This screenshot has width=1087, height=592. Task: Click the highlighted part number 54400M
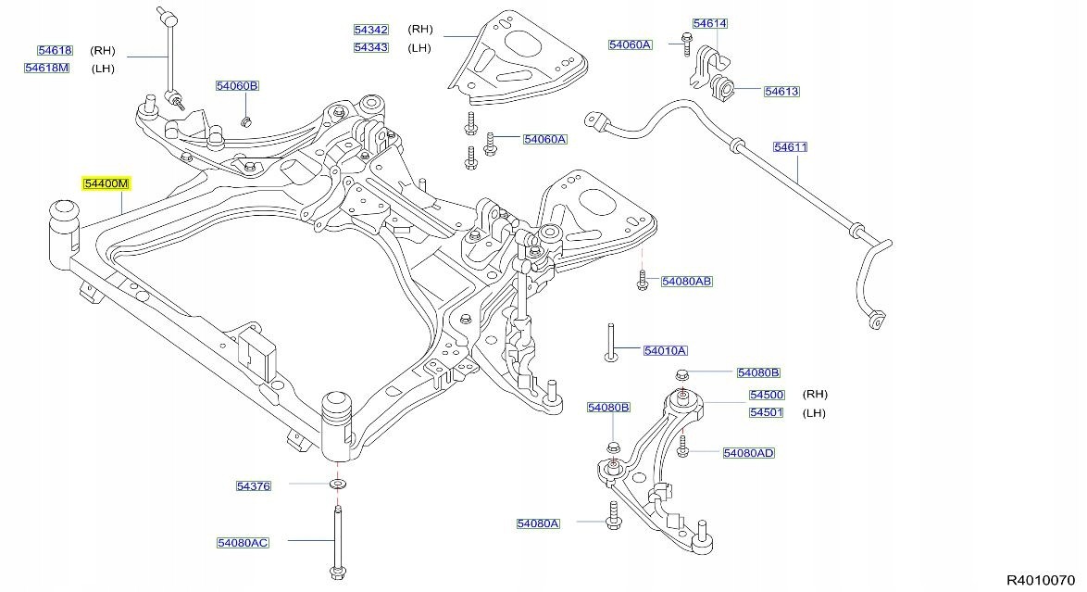click(106, 183)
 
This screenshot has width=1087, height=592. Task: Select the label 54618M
click(47, 68)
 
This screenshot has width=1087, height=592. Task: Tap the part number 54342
click(370, 30)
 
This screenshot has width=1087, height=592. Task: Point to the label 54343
click(370, 47)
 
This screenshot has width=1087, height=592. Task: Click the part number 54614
click(709, 24)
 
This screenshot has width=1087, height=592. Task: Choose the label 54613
click(781, 92)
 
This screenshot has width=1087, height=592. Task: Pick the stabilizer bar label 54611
click(791, 146)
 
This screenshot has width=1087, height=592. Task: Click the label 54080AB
click(686, 280)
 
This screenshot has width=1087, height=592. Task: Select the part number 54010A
click(666, 350)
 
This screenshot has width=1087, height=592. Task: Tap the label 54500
click(767, 395)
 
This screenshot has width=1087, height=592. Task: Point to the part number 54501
click(767, 412)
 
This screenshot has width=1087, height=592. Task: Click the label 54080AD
click(748, 453)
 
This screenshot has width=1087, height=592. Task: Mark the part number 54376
click(253, 485)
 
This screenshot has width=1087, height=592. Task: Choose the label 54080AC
click(243, 542)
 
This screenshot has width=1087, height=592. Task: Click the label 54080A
click(538, 523)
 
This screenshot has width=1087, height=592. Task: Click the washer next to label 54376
click(337, 485)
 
